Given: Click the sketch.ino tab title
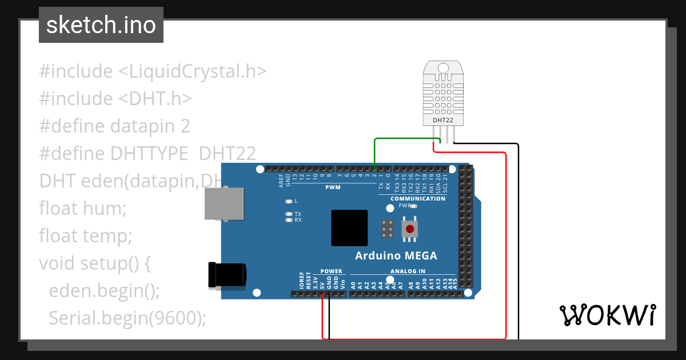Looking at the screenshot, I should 101,25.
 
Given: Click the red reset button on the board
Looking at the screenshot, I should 409,230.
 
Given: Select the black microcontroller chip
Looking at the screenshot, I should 349,227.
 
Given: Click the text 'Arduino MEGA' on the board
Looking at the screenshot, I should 396,255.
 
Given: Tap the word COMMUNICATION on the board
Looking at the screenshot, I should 418,199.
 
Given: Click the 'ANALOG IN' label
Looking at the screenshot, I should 408,271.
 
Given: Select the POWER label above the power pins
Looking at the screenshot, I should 331,271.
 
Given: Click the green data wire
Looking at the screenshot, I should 400,139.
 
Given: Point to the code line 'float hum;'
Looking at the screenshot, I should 82,208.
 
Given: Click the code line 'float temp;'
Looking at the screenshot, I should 86,235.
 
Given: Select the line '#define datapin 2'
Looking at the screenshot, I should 114,126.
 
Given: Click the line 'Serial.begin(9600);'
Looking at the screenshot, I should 127,318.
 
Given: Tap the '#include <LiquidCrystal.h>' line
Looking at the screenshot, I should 153,71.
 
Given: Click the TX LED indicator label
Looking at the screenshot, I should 297,214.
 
